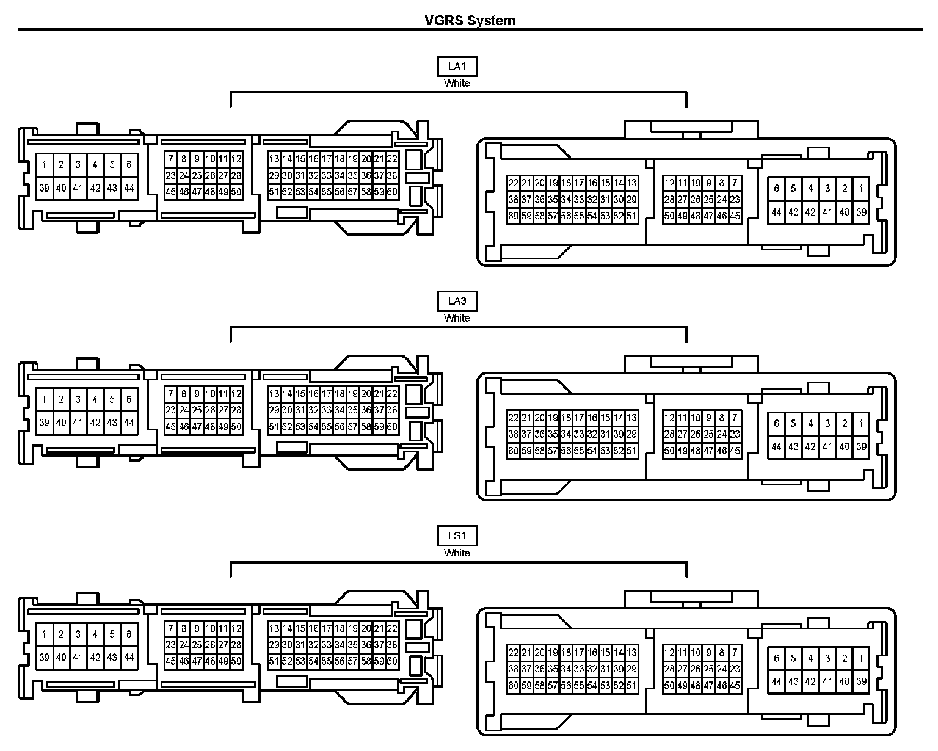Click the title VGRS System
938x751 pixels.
(x=470, y=20)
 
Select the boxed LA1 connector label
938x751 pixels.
(x=457, y=67)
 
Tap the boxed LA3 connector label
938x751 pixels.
(x=457, y=301)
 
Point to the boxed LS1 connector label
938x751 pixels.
(x=457, y=536)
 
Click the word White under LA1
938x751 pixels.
(x=457, y=83)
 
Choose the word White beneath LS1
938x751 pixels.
(x=457, y=553)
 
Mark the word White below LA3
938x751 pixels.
(x=457, y=317)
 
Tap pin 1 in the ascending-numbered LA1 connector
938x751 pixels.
(x=44, y=164)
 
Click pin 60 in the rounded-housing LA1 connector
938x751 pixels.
(x=513, y=216)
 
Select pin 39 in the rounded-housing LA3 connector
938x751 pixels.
(x=861, y=446)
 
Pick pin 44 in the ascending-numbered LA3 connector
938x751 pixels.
(x=129, y=423)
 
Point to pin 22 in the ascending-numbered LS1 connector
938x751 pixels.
(x=392, y=628)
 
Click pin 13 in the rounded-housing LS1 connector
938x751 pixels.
(x=631, y=653)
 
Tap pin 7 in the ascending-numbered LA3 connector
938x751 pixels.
(x=170, y=394)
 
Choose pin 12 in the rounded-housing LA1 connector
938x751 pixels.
(x=669, y=183)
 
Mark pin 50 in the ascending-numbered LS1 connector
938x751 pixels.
(x=236, y=661)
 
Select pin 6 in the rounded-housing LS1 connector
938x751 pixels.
(x=776, y=658)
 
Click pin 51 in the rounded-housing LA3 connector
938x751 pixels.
(x=631, y=451)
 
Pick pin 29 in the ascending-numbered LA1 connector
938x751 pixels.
(x=274, y=175)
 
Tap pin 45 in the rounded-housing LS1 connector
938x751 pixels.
(x=735, y=686)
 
